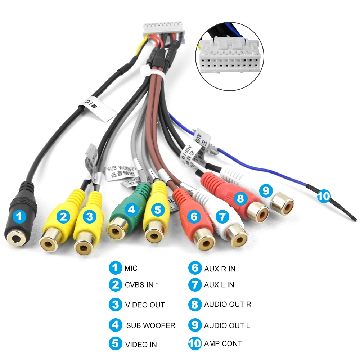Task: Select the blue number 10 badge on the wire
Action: [x=323, y=196]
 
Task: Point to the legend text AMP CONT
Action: [x=223, y=343]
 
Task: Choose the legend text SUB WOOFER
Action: [x=150, y=325]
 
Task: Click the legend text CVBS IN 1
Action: [x=142, y=285]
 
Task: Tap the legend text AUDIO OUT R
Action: [x=228, y=304]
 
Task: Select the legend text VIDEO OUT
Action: [x=145, y=305]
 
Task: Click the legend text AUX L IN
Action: [x=219, y=285]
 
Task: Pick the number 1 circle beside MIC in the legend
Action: [x=115, y=268]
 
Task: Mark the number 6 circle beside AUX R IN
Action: [x=195, y=268]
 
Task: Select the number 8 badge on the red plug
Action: [x=240, y=198]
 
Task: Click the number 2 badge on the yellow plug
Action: [x=64, y=216]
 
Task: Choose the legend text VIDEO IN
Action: [x=141, y=344]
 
